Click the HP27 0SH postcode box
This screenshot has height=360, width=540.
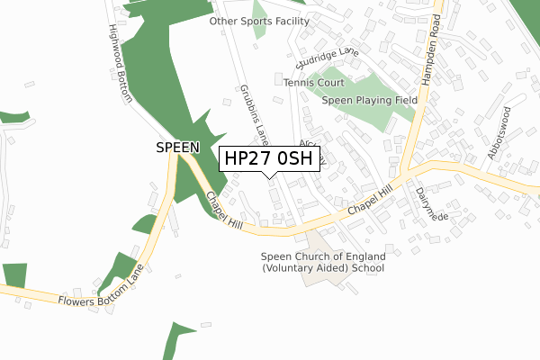pyautogui.click(x=268, y=158)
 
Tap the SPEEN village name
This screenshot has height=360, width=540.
pyautogui.click(x=176, y=146)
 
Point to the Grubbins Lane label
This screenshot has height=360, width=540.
pyautogui.click(x=253, y=114)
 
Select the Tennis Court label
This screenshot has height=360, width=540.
pyautogui.click(x=309, y=83)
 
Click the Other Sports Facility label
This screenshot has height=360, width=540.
pyautogui.click(x=259, y=21)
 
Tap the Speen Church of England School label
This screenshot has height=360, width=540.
pyautogui.click(x=322, y=262)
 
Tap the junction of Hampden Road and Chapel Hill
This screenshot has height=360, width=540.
pyautogui.click(x=407, y=168)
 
